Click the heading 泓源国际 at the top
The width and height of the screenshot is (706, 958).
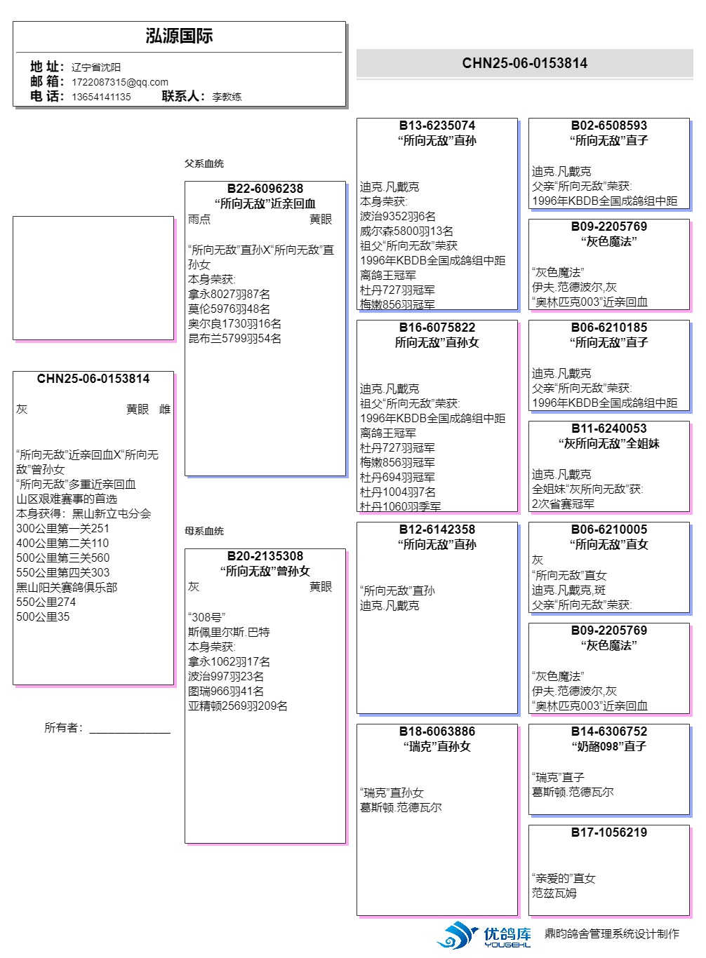[x=179, y=36]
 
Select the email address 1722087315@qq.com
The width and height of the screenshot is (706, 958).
[x=120, y=82]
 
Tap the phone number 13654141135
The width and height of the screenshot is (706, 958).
[x=101, y=97]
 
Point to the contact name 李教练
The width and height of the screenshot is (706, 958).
[x=227, y=97]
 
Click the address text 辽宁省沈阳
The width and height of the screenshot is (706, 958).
[x=96, y=67]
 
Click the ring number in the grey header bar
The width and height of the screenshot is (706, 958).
[x=524, y=63]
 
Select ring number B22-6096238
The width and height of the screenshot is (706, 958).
[x=265, y=189]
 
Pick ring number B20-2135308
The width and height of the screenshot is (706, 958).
[x=265, y=556]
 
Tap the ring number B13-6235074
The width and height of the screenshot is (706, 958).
[x=437, y=126]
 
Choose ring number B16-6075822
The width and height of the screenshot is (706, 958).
[x=437, y=328]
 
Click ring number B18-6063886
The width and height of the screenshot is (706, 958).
[x=437, y=731]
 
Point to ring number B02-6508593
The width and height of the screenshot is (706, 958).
[x=608, y=126]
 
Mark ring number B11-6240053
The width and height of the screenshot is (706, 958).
[x=608, y=429]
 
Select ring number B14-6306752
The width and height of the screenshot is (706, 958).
[x=608, y=731]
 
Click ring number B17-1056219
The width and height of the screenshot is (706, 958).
[x=608, y=832]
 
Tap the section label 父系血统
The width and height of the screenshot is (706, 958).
[x=204, y=163]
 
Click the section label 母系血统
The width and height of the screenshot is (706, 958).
[x=204, y=531]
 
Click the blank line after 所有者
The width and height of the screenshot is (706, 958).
[x=130, y=729]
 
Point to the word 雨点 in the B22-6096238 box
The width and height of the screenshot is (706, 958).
[x=199, y=220]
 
